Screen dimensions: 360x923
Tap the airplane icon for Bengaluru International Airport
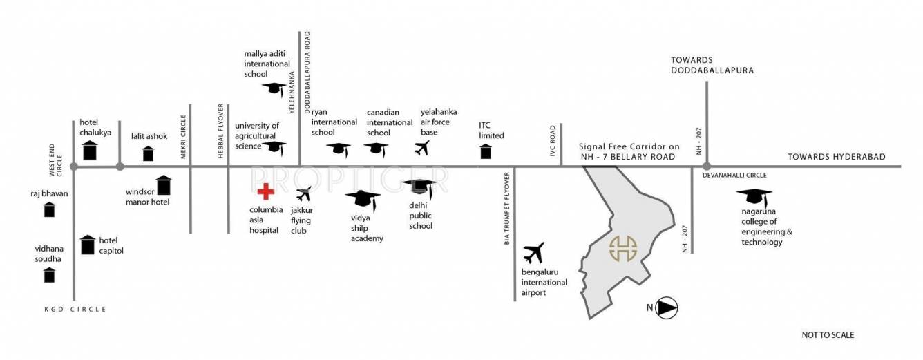[x=534, y=254]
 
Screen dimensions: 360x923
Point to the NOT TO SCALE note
[x=828, y=335]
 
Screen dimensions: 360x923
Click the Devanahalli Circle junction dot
[x=706, y=167]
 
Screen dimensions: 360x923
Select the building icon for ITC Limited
[x=486, y=151]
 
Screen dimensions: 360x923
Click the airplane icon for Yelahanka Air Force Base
[x=422, y=148]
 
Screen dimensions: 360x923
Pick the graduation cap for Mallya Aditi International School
[x=274, y=88]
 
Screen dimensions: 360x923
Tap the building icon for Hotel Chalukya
[x=89, y=151]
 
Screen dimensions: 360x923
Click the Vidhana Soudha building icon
[x=49, y=275]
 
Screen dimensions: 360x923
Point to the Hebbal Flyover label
[x=221, y=131]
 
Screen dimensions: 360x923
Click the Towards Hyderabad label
[x=836, y=157]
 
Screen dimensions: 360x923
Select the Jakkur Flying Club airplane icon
[x=303, y=193]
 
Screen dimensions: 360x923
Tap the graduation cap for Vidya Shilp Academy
[x=363, y=200]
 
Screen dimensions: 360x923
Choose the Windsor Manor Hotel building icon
[x=163, y=185]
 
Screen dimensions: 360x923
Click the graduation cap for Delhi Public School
[x=419, y=187]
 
